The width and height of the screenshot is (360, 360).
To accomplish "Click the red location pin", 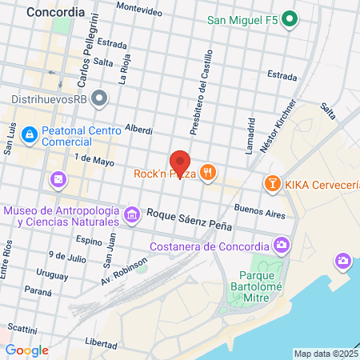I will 180,163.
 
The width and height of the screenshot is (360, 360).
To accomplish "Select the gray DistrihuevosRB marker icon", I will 99,98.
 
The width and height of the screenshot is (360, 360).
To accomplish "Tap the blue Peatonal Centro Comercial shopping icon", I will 30,134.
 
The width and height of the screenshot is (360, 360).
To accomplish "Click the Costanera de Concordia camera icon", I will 282,244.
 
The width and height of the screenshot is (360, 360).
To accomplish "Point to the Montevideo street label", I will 138,6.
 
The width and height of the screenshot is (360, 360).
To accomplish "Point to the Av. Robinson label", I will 124,272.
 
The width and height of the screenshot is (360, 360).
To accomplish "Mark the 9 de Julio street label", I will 66,257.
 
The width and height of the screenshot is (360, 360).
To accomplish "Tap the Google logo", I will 26,350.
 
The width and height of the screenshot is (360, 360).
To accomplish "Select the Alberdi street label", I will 139,128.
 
